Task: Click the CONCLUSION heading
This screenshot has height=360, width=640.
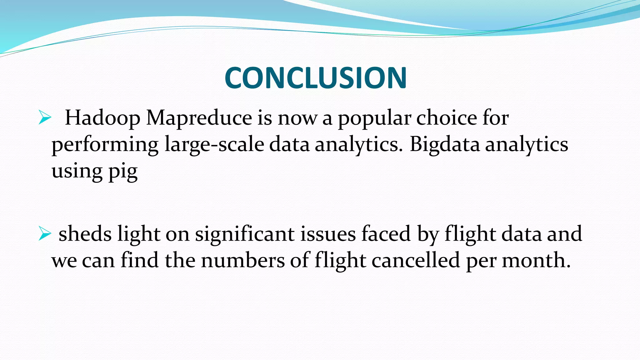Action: pos(316,78)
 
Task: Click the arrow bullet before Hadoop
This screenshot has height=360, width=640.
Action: pos(45,118)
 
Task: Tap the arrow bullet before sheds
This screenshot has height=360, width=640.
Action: pos(45,234)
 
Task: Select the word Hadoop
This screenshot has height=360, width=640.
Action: pos(102,118)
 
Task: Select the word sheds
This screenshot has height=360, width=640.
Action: pos(85,234)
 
